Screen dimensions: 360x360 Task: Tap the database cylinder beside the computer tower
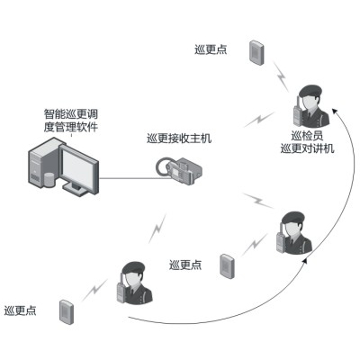49,179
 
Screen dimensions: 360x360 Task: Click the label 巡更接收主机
179,139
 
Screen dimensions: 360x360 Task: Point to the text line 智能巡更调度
71,114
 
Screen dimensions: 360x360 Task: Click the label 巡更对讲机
308,148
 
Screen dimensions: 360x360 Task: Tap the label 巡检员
307,136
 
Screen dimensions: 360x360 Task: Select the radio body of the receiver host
184,171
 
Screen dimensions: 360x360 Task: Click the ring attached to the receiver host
163,166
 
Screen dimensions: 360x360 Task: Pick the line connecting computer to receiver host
132,179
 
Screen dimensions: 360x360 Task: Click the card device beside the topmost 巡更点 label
256,52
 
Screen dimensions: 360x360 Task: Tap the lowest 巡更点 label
21,310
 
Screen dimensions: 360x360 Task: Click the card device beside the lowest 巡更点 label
67,311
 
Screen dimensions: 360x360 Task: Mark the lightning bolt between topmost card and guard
281,76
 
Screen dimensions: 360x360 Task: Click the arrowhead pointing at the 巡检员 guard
335,111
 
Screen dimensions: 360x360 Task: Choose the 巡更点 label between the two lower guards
185,265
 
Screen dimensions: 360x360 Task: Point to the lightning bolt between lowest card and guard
95,290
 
